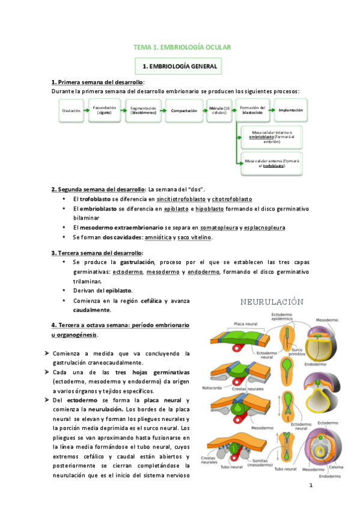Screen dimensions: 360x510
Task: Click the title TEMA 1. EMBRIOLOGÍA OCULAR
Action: click(182, 47)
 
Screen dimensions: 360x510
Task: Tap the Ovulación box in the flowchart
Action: click(70, 111)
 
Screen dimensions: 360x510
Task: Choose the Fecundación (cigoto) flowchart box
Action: click(104, 111)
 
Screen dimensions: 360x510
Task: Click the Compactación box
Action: click(185, 111)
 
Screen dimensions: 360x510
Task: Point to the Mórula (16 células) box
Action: click(218, 111)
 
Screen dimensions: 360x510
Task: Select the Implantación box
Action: click(291, 111)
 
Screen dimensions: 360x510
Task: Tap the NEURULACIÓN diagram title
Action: click(272, 302)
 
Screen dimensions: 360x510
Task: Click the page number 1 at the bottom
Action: click(311, 485)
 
